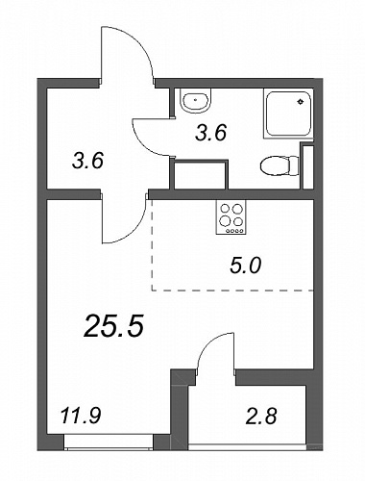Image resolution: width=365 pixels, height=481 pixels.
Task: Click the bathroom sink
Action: (196, 100)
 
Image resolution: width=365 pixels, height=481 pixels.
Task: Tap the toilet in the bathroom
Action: (280, 165)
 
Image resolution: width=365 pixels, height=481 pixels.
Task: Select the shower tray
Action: (288, 114)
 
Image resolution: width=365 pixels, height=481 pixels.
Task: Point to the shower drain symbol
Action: (301, 102)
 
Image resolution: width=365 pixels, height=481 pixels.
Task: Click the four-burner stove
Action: (231, 216)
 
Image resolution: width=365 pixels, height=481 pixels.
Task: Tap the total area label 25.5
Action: (113, 326)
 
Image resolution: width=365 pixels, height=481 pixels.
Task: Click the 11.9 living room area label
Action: (81, 417)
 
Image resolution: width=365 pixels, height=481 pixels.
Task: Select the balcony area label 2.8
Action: (261, 416)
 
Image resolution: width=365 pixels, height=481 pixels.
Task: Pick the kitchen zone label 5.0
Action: (246, 266)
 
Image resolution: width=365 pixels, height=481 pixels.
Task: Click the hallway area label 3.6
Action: (87, 161)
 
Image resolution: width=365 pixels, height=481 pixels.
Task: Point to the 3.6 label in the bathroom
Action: (211, 133)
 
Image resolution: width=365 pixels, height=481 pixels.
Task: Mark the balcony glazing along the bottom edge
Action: (247, 446)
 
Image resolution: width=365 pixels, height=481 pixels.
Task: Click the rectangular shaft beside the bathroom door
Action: (201, 174)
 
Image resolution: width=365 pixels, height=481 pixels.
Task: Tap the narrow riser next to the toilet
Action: (307, 166)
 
